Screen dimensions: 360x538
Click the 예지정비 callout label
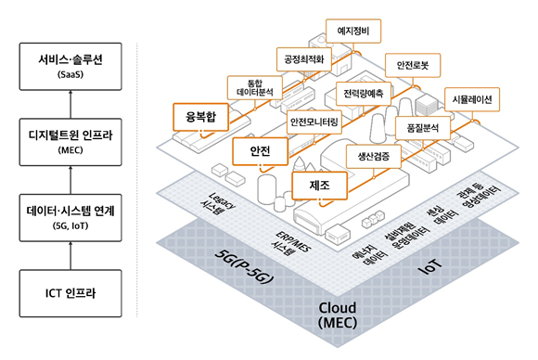[x=353, y=32]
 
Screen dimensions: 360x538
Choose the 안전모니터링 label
[x=315, y=122]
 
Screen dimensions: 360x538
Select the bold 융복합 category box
[x=200, y=117]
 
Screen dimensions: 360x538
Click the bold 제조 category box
[x=319, y=185]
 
